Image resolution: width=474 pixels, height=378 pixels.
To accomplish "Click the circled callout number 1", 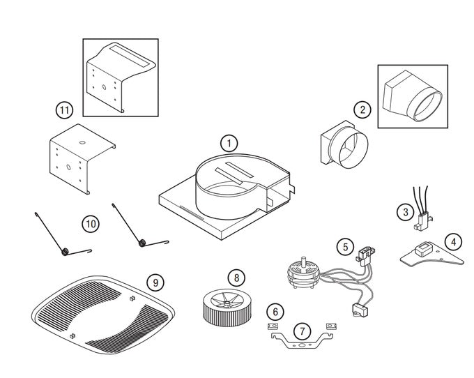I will coord(228,144).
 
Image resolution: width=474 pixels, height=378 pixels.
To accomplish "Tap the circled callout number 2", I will coord(361,109).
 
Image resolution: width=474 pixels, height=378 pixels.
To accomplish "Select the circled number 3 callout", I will coord(404,211).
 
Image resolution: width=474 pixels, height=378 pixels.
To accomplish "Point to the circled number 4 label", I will coord(453,243).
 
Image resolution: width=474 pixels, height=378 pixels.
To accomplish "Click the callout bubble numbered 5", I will coord(344,246).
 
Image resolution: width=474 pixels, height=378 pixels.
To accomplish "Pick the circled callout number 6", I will coord(276,310).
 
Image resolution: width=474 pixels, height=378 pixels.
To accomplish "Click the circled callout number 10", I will coord(90,224).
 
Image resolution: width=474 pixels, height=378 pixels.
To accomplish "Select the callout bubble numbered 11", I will coord(64,110).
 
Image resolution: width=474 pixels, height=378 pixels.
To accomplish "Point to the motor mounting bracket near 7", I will coord(300,343).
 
